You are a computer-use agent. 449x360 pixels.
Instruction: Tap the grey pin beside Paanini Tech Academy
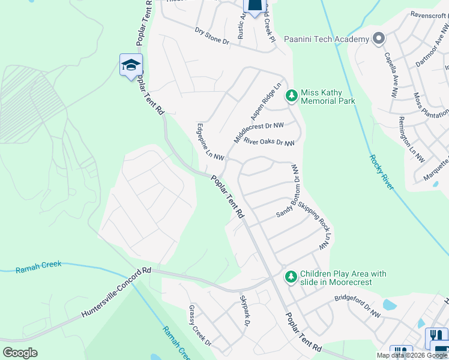tap(378, 39)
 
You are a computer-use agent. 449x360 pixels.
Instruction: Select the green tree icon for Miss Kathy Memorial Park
tap(292, 96)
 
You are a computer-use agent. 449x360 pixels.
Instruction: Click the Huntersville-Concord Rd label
tap(116, 294)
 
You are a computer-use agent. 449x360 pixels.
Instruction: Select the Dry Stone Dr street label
tap(212, 36)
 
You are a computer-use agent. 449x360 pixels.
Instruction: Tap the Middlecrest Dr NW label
tap(258, 133)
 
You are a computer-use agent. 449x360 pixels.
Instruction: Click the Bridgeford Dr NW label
tap(358, 305)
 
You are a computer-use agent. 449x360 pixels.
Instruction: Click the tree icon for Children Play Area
tap(291, 276)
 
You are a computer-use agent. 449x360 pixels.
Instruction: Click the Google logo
tap(20, 353)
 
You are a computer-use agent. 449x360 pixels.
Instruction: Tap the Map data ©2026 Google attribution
tap(412, 355)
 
